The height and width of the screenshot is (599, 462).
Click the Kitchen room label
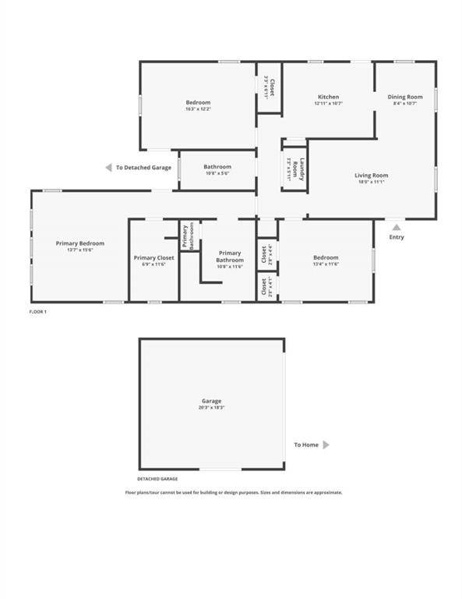click(x=327, y=97)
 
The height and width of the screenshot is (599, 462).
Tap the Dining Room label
click(x=405, y=97)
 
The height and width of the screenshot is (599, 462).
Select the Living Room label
click(x=371, y=175)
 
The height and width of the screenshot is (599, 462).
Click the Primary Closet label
click(x=154, y=257)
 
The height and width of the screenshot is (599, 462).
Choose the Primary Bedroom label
click(x=79, y=243)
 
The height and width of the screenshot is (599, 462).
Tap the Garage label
click(x=212, y=400)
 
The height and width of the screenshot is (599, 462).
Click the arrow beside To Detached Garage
click(x=109, y=168)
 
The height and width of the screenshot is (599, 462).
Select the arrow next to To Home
click(x=326, y=445)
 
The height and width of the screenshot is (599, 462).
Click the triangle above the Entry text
click(x=396, y=228)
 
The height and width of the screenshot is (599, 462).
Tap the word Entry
click(x=397, y=237)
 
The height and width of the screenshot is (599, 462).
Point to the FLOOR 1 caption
click(x=38, y=311)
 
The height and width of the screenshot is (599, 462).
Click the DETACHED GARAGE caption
click(x=158, y=479)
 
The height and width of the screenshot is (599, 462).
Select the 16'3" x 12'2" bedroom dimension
click(x=198, y=109)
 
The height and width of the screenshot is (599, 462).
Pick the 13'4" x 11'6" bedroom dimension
click(x=326, y=264)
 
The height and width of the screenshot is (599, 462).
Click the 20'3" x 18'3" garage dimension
click(x=212, y=408)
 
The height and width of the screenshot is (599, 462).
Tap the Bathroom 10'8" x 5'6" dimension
click(x=217, y=173)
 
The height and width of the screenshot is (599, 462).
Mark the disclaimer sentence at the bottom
click(x=234, y=492)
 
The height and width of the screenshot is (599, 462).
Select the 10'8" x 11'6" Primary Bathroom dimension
click(x=230, y=266)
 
